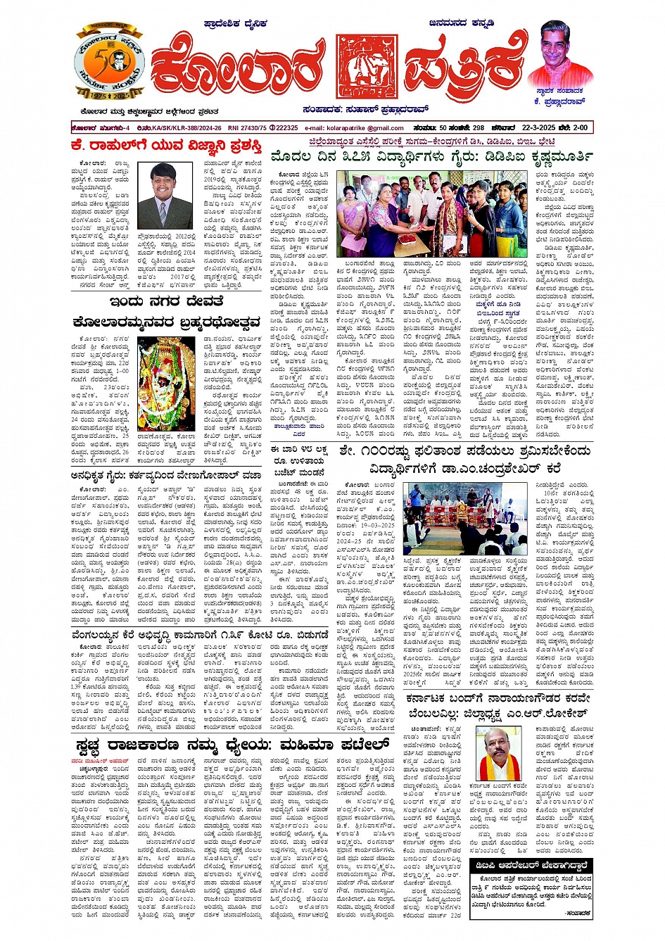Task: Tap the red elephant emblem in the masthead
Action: pos(366,68)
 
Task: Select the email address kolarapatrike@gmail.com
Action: pos(354,128)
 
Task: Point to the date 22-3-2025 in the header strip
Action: pos(540,128)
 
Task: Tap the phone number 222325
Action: pos(287,128)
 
